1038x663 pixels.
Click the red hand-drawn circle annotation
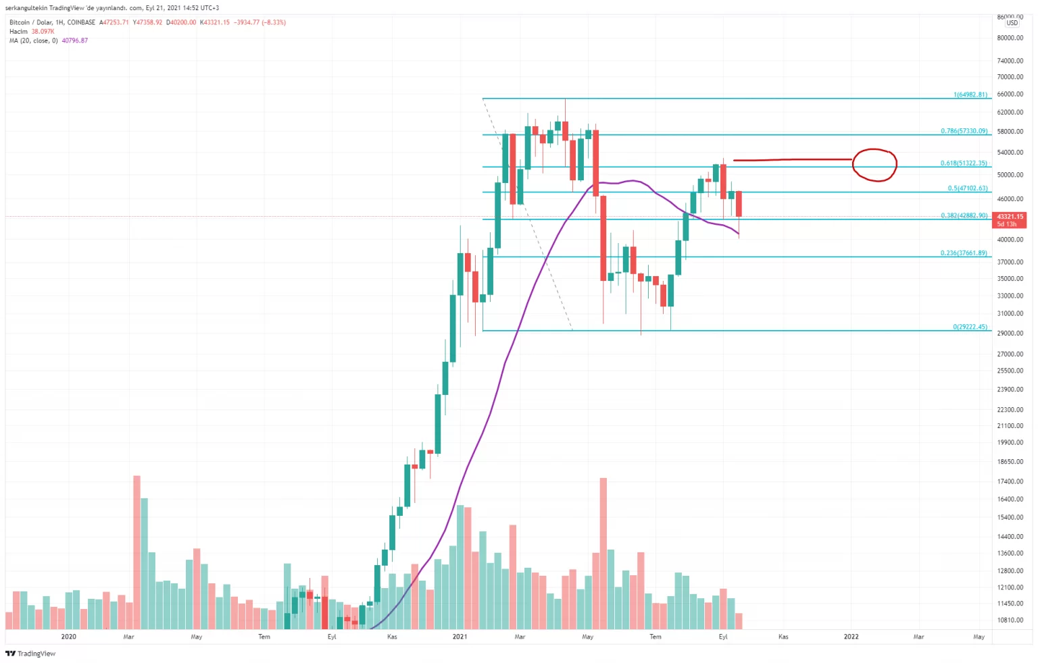pos(874,165)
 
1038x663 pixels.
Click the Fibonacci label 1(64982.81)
pos(970,95)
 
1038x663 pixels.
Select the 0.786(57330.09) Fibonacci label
pos(964,131)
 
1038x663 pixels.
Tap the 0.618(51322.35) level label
pos(963,163)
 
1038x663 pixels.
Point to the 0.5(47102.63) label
pos(967,188)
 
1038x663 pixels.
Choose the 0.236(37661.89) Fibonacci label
pos(963,253)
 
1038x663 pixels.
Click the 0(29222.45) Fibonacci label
pos(970,327)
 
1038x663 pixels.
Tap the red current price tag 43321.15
pos(1010,217)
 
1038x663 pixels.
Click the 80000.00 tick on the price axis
pos(1010,38)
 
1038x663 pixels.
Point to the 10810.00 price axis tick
pos(1010,620)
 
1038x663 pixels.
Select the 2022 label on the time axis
pos(851,637)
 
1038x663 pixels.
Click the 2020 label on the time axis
pos(68,637)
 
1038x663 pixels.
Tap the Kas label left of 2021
pos(392,637)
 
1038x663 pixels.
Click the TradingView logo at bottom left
pos(30,654)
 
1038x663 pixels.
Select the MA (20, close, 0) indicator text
pos(34,41)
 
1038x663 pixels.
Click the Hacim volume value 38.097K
pos(43,32)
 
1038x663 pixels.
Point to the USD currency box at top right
pos(1012,23)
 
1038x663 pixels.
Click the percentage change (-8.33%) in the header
pos(273,22)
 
